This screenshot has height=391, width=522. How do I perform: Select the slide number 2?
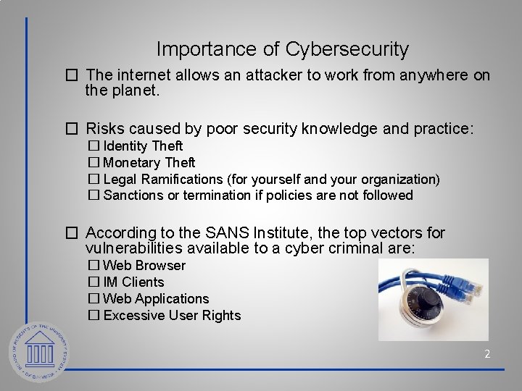pos(487,354)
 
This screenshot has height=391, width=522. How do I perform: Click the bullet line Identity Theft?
pos(143,146)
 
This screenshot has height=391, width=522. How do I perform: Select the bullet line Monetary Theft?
pos(149,163)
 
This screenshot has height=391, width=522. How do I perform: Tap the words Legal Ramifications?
pos(164,179)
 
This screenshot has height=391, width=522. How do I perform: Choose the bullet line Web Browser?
pos(144,266)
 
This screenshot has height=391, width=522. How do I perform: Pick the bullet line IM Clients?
pos(133,282)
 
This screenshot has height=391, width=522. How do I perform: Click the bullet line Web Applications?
pos(156,299)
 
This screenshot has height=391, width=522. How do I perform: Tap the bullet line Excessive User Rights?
pos(172,316)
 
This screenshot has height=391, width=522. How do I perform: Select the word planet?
pos(133,92)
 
